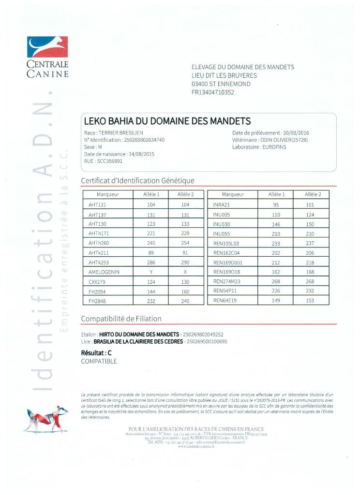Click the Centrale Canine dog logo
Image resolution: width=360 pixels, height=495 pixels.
pos(47,47)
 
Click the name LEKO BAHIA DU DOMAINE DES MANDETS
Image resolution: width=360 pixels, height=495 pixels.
pos(167,120)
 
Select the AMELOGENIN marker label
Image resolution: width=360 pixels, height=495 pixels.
pos(104,272)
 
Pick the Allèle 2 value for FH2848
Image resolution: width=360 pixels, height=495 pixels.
pos(185,301)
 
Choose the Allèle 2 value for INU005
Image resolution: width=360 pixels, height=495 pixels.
pos(310,215)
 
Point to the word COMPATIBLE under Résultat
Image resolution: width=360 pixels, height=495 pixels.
pos(99,361)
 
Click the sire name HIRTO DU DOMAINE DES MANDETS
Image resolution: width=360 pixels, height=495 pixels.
pos(138,335)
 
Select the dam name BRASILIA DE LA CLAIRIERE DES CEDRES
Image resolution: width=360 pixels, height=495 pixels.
pos(140,342)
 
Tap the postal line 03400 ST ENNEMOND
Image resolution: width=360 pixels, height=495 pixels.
pos(221,84)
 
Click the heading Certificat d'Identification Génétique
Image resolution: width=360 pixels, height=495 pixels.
pos(137,181)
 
